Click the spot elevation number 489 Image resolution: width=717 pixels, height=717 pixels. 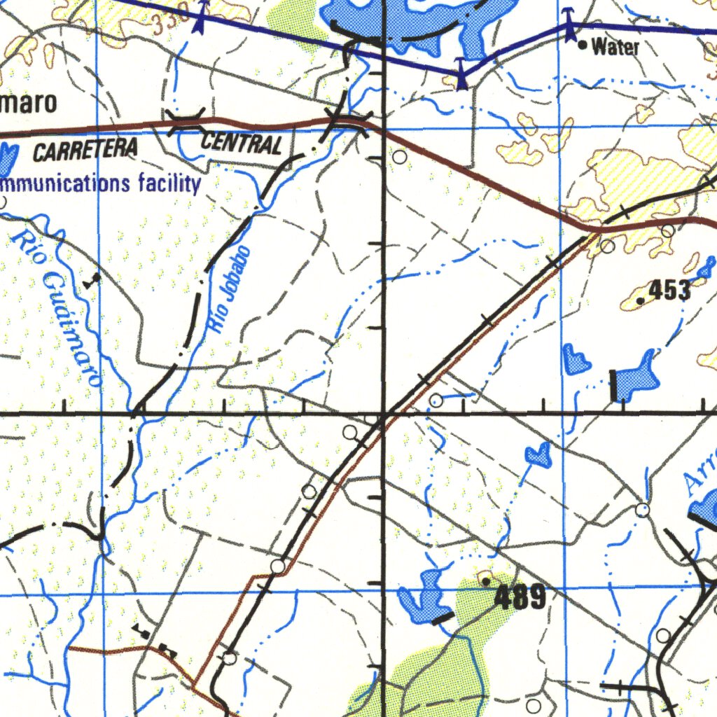pyautogui.click(x=520, y=598)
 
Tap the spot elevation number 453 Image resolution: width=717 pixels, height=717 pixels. pyautogui.click(x=669, y=290)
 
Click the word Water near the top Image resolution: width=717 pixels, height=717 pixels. pyautogui.click(x=615, y=48)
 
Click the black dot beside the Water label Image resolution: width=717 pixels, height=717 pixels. pyautogui.click(x=583, y=46)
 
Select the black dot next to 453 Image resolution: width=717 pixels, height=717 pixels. pyautogui.click(x=641, y=300)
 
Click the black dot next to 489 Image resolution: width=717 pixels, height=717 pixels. pyautogui.click(x=487, y=580)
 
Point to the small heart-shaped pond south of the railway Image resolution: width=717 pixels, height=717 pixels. pyautogui.click(x=538, y=455)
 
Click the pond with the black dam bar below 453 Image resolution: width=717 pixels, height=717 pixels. pyautogui.click(x=637, y=380)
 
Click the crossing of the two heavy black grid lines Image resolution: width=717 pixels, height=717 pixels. pyautogui.click(x=384, y=414)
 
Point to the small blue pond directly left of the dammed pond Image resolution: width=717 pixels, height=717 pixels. pyautogui.click(x=576, y=359)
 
